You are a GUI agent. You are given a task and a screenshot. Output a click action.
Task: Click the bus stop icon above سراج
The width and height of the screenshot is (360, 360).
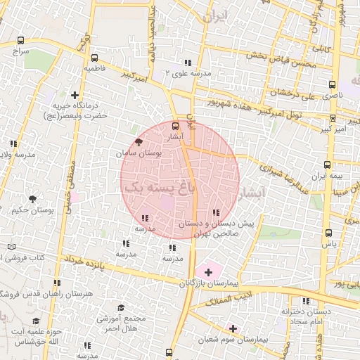coord(20,41)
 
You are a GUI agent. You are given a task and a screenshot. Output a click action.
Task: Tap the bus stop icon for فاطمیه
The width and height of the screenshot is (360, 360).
coord(94,59)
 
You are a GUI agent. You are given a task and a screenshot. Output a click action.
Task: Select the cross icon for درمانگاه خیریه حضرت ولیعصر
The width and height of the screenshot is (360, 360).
coord(75,94)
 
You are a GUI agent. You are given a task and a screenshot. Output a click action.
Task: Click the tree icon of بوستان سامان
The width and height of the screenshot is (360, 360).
coord(138,141)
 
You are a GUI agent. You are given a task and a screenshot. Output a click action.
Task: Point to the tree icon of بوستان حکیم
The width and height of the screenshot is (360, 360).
coord(32,200)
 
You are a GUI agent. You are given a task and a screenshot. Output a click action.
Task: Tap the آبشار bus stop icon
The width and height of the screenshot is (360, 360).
coord(175,127)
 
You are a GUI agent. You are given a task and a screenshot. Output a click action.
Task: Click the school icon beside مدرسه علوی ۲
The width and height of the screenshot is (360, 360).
coord(188,63)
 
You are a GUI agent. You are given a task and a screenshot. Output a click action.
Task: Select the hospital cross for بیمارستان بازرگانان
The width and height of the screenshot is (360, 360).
coord(208,271)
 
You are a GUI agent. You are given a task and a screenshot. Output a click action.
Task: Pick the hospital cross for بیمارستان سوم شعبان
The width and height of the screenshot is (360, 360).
coord(233,328)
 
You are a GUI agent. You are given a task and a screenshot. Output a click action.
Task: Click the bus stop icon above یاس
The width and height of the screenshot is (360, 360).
coord(328,233)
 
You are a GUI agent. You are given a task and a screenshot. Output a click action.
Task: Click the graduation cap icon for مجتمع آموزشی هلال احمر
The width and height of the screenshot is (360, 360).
coord(121,307)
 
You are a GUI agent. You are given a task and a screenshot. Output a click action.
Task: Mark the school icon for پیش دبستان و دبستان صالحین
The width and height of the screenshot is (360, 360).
coord(216,212)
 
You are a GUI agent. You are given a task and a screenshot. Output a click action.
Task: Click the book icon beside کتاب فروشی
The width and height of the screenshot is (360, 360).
coord(11,247)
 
